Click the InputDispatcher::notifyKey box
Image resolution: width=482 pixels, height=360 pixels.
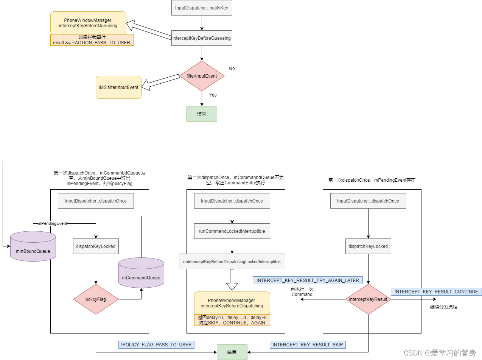[202, 8]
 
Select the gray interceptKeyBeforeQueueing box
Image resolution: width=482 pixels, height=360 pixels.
[202, 38]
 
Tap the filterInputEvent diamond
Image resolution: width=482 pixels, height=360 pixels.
[202, 76]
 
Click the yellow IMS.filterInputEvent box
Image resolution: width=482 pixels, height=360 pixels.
[118, 87]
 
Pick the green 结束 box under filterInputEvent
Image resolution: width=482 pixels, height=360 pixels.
[202, 114]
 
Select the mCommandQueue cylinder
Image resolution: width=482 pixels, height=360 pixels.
[141, 274]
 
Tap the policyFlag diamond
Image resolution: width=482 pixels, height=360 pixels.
[96, 299]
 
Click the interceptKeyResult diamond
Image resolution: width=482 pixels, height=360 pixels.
[368, 299]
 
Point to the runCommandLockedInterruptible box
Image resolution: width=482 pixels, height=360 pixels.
[232, 231]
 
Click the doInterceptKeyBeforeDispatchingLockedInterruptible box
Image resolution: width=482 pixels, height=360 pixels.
[232, 262]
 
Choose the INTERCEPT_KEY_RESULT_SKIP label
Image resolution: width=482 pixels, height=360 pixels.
[308, 345]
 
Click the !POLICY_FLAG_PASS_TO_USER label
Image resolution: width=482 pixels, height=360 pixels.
[156, 345]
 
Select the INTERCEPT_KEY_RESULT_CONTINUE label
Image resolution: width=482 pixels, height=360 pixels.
[436, 292]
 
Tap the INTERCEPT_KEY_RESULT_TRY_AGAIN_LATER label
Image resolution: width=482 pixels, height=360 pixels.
[308, 281]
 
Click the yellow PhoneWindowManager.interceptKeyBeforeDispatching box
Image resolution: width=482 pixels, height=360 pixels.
[232, 303]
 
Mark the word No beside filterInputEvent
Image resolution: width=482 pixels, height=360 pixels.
[232, 69]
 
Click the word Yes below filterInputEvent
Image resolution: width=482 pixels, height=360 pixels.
[213, 95]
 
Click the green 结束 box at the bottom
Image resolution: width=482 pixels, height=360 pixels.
[232, 352]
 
